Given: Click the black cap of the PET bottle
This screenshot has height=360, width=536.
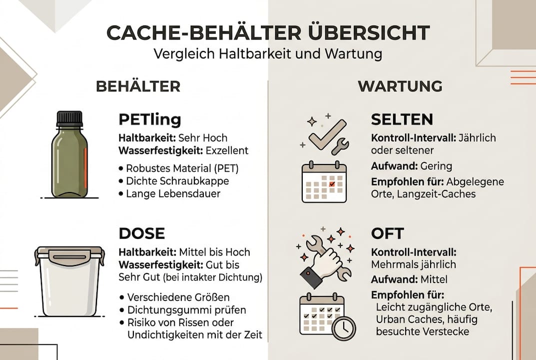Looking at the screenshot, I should coord(69,118).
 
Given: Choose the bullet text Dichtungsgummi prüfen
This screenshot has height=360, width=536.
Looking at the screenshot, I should coord(179,310).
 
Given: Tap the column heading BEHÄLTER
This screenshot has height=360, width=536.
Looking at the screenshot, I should coord(138,86).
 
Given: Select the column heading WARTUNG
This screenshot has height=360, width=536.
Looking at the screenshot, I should coord(400,86).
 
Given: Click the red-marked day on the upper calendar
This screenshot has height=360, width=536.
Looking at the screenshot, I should coord(332,184).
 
